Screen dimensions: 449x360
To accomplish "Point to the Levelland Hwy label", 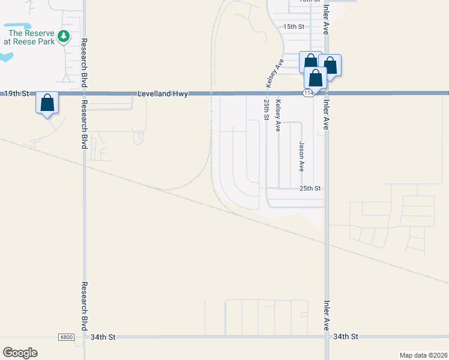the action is pyautogui.click(x=163, y=94).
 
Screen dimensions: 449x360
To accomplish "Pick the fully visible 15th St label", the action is pyautogui.click(x=294, y=27).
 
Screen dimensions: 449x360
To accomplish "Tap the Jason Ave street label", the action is pyautogui.click(x=301, y=156).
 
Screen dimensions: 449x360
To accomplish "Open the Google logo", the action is pyautogui.click(x=20, y=353).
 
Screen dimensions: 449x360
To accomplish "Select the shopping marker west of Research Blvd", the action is pyautogui.click(x=47, y=103).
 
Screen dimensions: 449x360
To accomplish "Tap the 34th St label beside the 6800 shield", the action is pyautogui.click(x=103, y=337).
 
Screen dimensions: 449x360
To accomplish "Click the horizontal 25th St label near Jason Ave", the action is pyautogui.click(x=310, y=188).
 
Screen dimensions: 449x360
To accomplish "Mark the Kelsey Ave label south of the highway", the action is pyautogui.click(x=278, y=116).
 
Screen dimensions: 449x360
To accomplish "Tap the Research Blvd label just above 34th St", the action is pyautogui.click(x=84, y=306).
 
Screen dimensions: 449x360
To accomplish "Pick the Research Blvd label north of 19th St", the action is pyautogui.click(x=84, y=61).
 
